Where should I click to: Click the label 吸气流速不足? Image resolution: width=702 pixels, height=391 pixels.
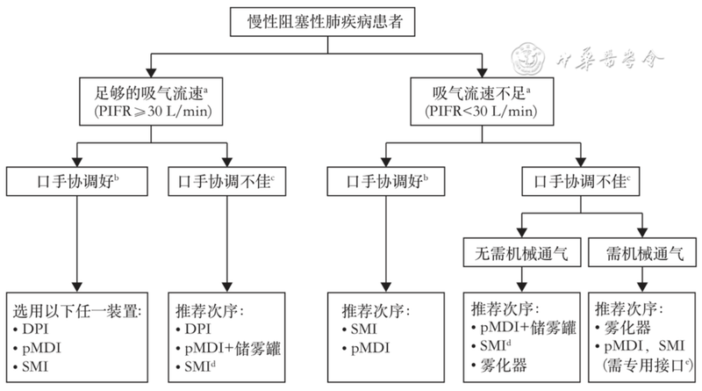[475, 91]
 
